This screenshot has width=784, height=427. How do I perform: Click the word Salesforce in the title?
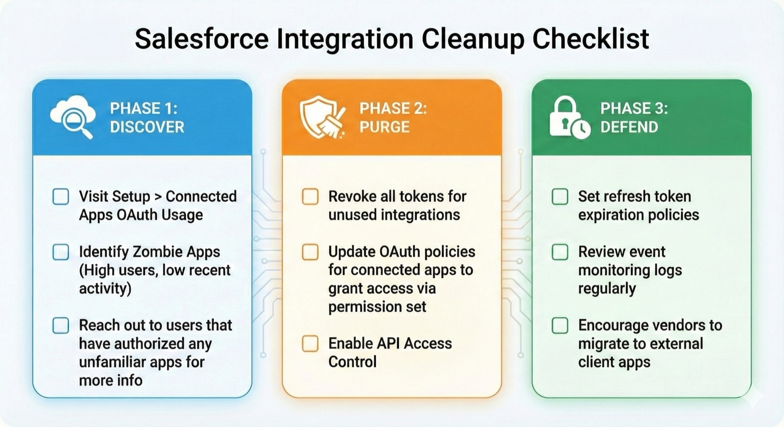201,39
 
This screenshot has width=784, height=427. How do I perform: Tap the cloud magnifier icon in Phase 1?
73,117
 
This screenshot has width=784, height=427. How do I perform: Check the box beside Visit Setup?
61,196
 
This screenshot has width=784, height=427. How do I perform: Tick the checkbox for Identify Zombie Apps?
61,252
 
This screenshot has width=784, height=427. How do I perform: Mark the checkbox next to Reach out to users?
61,325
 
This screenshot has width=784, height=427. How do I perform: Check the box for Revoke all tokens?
310,196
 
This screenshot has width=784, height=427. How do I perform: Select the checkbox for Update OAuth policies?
310,252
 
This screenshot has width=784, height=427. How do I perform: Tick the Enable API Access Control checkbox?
310,343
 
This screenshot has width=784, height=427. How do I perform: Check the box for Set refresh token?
560,196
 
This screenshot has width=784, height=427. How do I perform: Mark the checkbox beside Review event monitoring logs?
560,252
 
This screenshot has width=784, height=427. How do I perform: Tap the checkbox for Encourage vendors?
560,325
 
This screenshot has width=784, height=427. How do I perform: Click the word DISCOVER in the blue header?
147,127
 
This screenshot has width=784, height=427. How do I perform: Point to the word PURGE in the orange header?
385,127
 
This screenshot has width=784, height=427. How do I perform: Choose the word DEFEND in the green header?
629,127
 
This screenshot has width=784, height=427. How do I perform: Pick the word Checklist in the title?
591,39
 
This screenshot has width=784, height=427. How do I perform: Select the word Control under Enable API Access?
352,362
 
